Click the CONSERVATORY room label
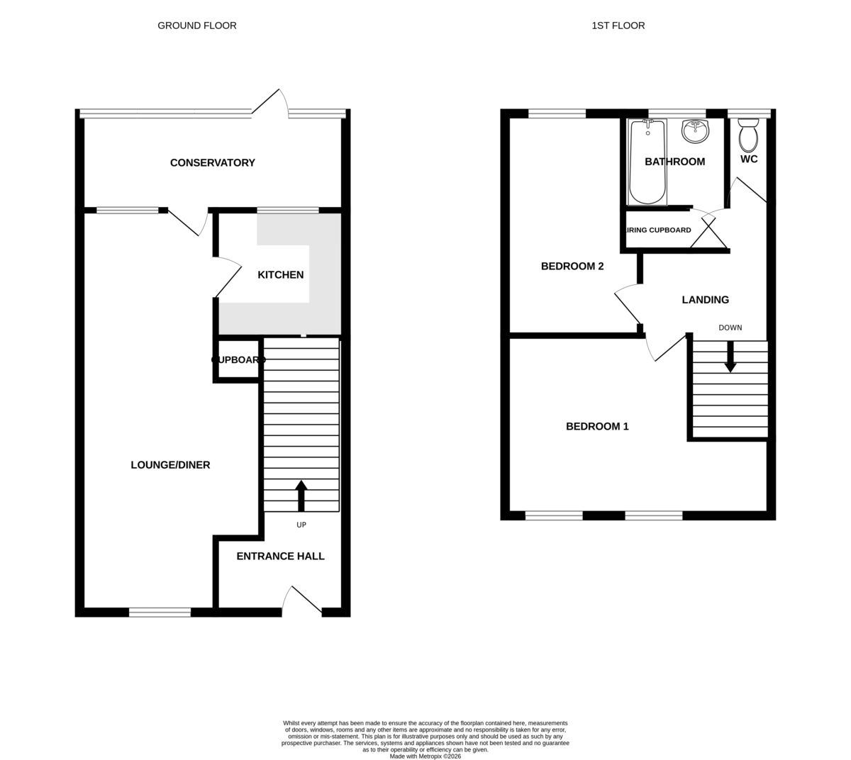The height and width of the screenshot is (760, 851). point(212,163)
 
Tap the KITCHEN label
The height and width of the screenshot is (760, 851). point(280,275)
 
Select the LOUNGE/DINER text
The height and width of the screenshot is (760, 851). point(170,465)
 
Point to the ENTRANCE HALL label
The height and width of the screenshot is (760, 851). point(280,557)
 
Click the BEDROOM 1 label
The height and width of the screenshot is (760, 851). point(597,427)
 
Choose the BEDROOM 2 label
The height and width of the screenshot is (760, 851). point(572,267)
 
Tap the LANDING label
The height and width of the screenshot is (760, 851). point(705,300)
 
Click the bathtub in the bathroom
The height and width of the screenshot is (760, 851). point(647,162)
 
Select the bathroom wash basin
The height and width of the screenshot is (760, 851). point(695,130)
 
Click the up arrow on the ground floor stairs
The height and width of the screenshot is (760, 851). point(301,495)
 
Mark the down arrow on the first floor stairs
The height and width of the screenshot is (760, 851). point(730,357)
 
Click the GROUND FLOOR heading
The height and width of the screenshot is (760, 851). point(197,26)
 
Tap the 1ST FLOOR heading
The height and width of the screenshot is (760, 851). point(618,26)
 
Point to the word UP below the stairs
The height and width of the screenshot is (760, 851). point(301,525)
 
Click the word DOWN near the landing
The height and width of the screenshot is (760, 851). point(730,328)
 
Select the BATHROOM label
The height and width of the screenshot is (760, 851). point(674,162)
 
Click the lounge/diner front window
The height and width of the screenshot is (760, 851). point(160,613)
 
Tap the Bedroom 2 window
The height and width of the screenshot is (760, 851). point(557,113)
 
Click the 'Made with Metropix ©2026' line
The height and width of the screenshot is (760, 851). point(425,756)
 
